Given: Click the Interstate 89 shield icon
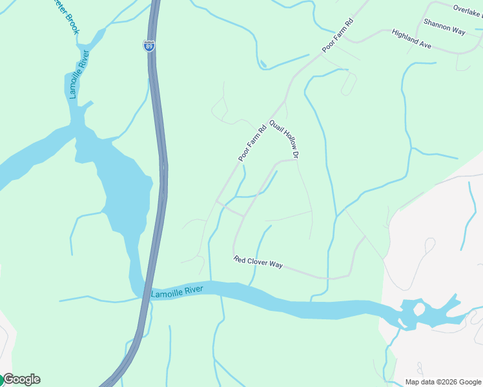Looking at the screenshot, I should coord(149,45).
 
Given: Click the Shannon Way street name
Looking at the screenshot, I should coord(444,26).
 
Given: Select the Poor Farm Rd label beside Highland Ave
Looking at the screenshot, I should coord(338,35).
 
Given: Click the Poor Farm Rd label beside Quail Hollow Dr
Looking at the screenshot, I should coord(252,143).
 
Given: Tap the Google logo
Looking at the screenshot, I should coord(21,379).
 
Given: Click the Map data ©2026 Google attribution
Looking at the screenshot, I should coord(443,381).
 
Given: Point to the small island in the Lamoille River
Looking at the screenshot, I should coord(418,309).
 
